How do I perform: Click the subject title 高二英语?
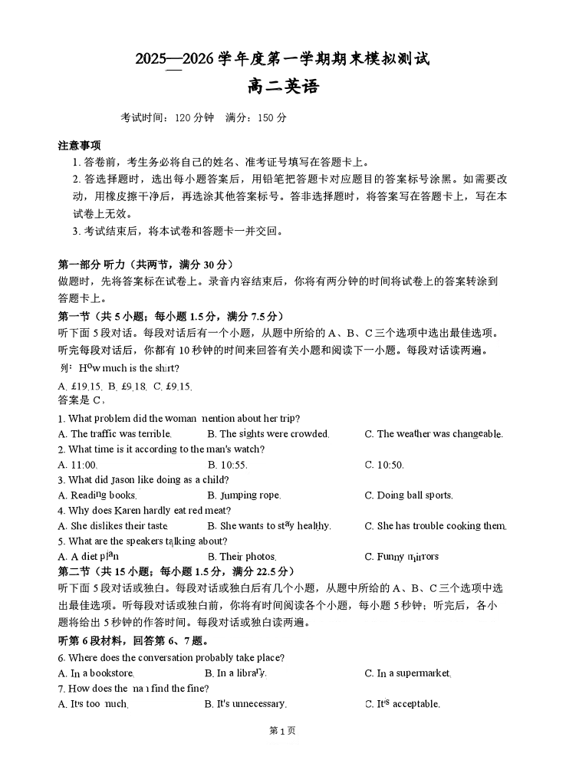tap(283, 87)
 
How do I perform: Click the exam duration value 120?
tap(183, 118)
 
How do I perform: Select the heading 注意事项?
tap(79, 146)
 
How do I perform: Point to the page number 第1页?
tap(283, 731)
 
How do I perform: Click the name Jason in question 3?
tap(134, 480)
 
